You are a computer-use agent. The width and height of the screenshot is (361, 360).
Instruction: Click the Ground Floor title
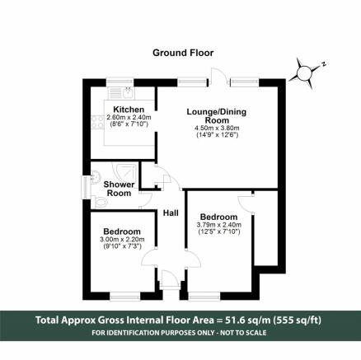click(x=183, y=53)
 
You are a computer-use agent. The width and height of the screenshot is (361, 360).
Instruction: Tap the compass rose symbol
click(x=303, y=73)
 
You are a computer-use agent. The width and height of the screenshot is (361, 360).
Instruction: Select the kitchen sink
click(x=128, y=93)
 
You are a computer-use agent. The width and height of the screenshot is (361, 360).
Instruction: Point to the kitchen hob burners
click(x=97, y=122)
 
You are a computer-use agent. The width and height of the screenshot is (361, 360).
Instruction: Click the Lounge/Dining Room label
click(x=217, y=116)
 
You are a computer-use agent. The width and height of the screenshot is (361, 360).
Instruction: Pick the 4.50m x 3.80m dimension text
click(x=217, y=128)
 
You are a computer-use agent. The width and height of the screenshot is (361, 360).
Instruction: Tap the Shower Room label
click(x=119, y=189)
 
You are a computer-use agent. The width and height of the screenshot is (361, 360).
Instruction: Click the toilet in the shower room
click(x=100, y=203)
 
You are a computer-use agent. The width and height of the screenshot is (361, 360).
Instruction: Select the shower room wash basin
click(x=95, y=176)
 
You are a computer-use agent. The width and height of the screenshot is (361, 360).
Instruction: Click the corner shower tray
click(x=126, y=171)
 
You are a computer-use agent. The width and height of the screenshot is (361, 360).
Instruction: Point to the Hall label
click(x=171, y=213)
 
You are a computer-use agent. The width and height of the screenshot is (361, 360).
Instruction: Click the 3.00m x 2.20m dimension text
click(x=122, y=240)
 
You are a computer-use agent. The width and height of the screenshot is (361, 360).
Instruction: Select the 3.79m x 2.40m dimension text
click(x=219, y=225)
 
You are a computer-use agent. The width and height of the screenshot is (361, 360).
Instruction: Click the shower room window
click(x=87, y=188)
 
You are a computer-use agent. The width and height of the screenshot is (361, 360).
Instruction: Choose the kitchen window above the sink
click(x=120, y=83)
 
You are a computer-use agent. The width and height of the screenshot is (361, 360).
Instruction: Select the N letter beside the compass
click(x=324, y=64)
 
